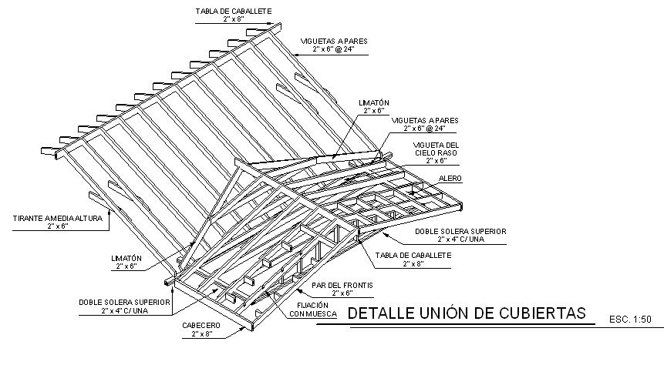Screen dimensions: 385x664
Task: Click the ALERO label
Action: [450, 178]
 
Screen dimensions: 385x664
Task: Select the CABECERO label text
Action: [201, 326]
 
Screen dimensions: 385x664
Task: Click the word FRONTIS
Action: [358, 285]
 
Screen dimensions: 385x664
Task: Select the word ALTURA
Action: [93, 219]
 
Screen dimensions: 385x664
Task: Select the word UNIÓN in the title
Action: [446, 313]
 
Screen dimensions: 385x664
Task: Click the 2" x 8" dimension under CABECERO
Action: [201, 334]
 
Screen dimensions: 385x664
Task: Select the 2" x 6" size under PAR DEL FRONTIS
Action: [342, 293]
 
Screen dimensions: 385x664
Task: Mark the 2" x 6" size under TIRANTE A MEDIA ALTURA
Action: [59, 227]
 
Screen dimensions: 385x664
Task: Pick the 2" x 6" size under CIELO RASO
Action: [436, 161]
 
